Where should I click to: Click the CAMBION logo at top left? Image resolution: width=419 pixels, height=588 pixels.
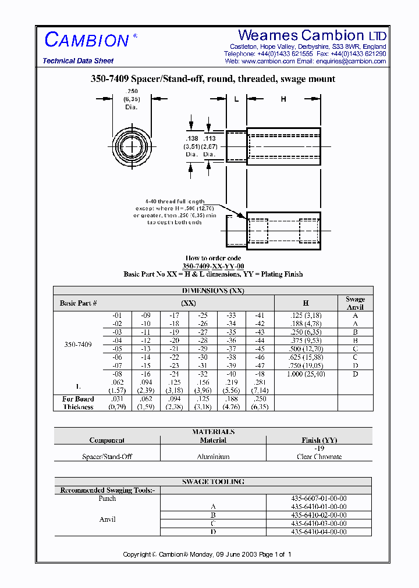coord(87,40)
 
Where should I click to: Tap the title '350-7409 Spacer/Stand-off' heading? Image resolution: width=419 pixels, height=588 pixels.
coord(212,79)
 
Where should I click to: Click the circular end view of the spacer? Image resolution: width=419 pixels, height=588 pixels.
coord(132,145)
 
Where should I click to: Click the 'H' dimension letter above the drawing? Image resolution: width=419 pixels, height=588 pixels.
coord(283,99)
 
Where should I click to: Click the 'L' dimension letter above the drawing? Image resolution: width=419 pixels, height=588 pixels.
coord(236,99)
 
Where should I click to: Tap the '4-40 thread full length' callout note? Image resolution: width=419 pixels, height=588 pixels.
coord(175,202)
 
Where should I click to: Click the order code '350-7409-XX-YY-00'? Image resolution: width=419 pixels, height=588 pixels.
coord(213,266)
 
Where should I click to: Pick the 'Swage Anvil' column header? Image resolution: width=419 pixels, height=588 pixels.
coord(355,303)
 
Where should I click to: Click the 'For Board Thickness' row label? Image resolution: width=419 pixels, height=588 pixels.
coord(79,403)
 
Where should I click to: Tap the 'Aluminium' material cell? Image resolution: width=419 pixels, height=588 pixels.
coord(213,457)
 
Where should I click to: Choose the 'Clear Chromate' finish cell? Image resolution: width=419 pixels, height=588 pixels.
coord(319,457)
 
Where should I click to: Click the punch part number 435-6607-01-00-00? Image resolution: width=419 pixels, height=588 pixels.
coord(319,499)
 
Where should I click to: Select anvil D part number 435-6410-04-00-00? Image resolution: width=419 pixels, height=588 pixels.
coord(319,532)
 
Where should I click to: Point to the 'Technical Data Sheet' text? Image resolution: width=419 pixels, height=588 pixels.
coord(78,60)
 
